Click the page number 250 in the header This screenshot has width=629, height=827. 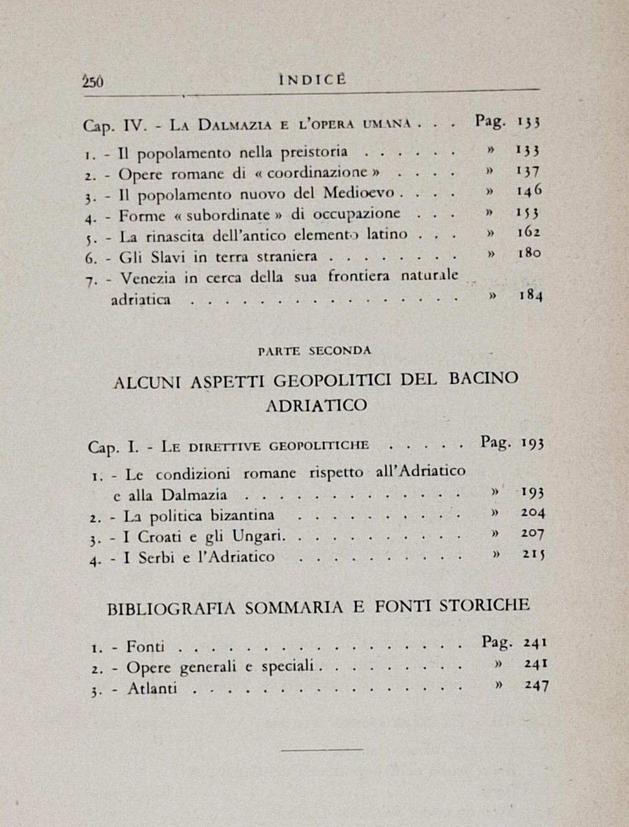(94, 82)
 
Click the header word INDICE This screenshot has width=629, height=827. (313, 79)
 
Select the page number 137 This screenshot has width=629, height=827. (528, 171)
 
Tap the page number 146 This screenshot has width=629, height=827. (529, 191)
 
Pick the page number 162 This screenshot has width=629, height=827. (528, 233)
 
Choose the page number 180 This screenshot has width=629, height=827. (529, 253)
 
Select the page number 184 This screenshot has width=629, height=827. (530, 296)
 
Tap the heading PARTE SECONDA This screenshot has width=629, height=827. (314, 351)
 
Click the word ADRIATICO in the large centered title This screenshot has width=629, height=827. (316, 406)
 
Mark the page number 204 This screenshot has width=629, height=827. (531, 513)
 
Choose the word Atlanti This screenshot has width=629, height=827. (152, 689)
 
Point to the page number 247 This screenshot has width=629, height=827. (535, 685)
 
